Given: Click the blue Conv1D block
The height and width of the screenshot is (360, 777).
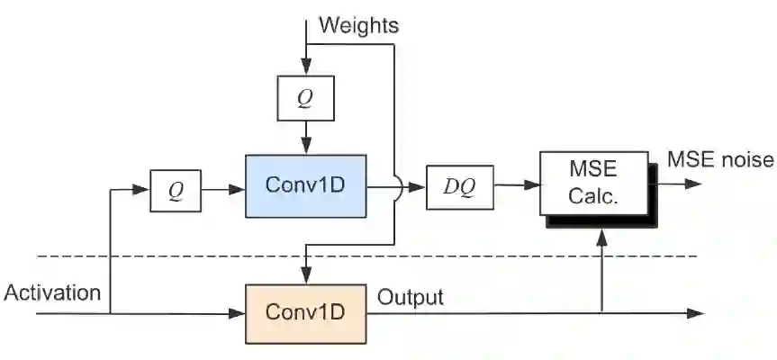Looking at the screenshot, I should pyautogui.click(x=306, y=184).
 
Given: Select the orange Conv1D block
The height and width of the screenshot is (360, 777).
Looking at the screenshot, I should pyautogui.click(x=306, y=312).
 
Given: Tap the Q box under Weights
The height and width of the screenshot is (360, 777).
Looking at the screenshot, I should pyautogui.click(x=306, y=99).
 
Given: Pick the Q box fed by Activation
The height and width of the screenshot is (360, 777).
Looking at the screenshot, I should pyautogui.click(x=176, y=192).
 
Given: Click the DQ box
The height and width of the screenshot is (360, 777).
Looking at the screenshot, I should pyautogui.click(x=459, y=187).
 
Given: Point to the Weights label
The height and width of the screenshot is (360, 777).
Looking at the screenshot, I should pyautogui.click(x=358, y=24).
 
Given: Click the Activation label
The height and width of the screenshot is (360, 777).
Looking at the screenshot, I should pyautogui.click(x=52, y=292).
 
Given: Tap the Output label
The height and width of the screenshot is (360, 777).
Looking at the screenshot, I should pyautogui.click(x=411, y=297).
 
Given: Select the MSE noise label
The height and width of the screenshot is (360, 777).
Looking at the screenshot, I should pyautogui.click(x=720, y=160).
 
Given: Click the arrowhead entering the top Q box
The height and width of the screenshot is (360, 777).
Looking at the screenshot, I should pyautogui.click(x=306, y=68).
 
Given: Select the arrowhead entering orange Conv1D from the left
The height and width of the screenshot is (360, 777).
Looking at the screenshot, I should pyautogui.click(x=239, y=313).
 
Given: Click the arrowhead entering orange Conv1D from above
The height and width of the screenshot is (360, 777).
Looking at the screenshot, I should pyautogui.click(x=306, y=275).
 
